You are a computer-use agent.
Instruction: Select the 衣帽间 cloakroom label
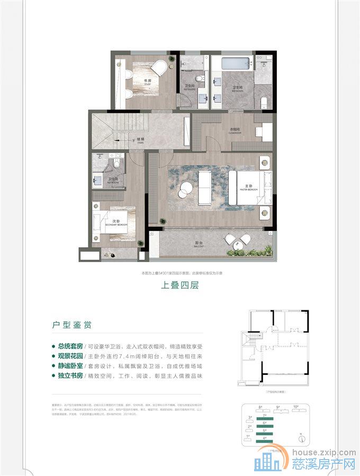coord(235,131)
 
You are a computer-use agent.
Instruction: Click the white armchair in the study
coord(158,68)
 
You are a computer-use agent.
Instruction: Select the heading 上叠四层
coord(179,284)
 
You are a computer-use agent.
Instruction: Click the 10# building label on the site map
coord(296,407)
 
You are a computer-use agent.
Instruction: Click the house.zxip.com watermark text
coord(323,453)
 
